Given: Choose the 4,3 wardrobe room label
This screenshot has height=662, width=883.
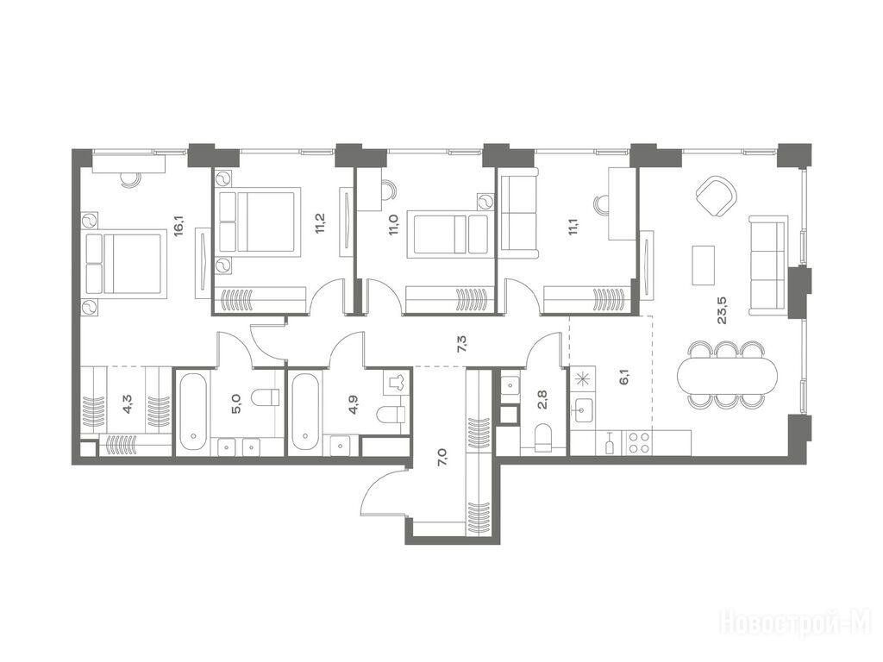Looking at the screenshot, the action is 128,404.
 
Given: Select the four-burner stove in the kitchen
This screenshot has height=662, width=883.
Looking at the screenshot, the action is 638,442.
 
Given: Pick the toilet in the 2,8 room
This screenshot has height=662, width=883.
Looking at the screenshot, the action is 543,437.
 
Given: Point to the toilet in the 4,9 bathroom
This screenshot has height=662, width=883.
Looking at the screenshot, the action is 391,415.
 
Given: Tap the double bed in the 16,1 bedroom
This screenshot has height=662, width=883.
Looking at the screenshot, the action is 124,264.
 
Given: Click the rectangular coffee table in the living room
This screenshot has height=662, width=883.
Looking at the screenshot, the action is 704,265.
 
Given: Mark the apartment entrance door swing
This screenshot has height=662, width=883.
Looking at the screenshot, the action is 383,490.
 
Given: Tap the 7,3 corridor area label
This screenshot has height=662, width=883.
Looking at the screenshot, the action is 463,343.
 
